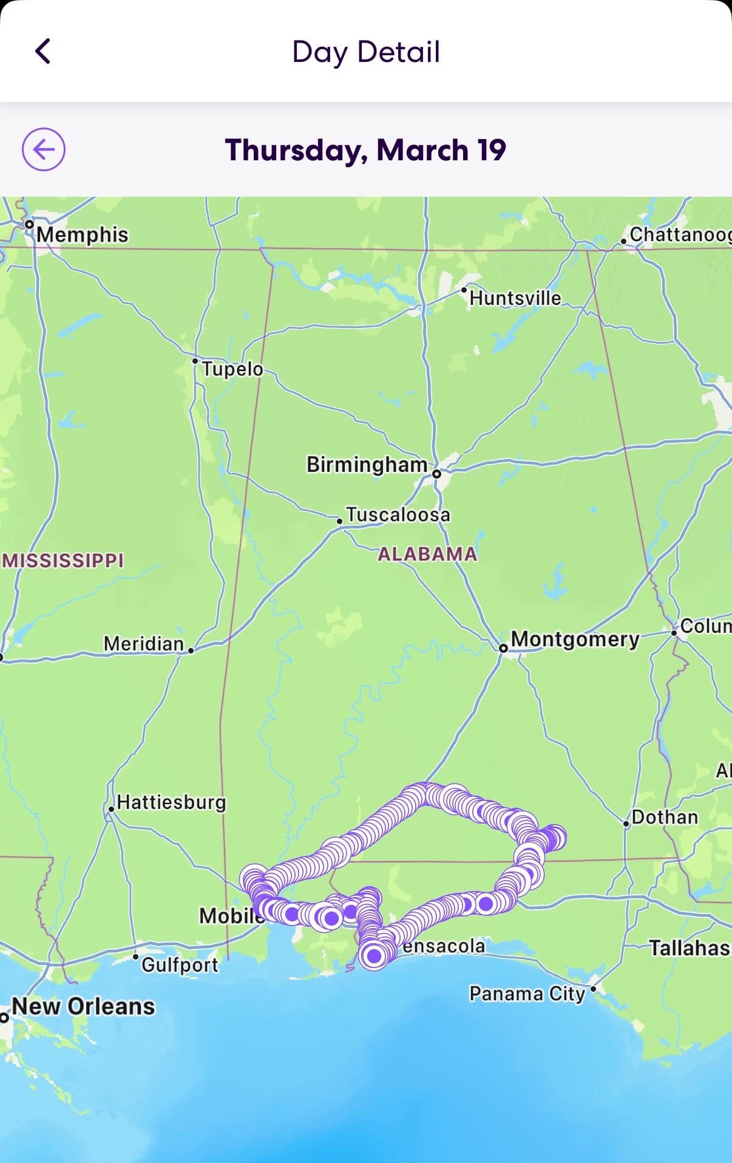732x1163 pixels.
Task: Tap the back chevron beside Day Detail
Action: [42, 51]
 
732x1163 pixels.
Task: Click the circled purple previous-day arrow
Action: [44, 149]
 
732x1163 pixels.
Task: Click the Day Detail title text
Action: [365, 52]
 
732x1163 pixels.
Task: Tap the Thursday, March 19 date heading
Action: [365, 150]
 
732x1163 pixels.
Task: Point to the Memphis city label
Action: [83, 234]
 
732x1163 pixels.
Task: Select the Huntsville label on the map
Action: [515, 298]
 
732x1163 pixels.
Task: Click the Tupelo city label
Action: [232, 369]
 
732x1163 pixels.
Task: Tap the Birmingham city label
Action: [367, 465]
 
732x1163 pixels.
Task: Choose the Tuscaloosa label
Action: [398, 515]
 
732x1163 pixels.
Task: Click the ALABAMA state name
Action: [427, 554]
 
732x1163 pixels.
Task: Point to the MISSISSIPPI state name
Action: [63, 560]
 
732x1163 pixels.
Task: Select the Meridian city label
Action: [144, 643]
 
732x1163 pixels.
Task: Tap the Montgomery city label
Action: [575, 639]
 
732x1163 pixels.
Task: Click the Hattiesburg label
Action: [171, 802]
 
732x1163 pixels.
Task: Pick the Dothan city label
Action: [665, 817]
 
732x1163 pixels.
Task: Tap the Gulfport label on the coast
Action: [180, 964]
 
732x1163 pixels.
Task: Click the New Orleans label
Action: [83, 1006]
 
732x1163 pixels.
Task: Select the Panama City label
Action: [527, 994]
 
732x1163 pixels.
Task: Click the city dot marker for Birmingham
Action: [436, 473]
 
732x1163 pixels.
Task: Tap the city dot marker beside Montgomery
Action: [503, 649]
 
